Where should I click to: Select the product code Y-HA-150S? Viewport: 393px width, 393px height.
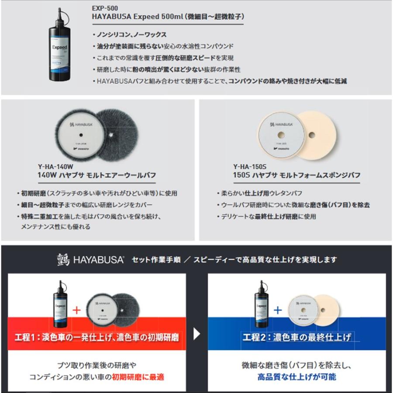tap(250, 167)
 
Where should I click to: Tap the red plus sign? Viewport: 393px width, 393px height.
tap(77, 310)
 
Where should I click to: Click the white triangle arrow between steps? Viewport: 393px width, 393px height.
tap(197, 334)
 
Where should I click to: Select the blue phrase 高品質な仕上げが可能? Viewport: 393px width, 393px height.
tap(296, 376)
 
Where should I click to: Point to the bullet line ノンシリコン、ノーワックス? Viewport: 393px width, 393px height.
tap(131, 34)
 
